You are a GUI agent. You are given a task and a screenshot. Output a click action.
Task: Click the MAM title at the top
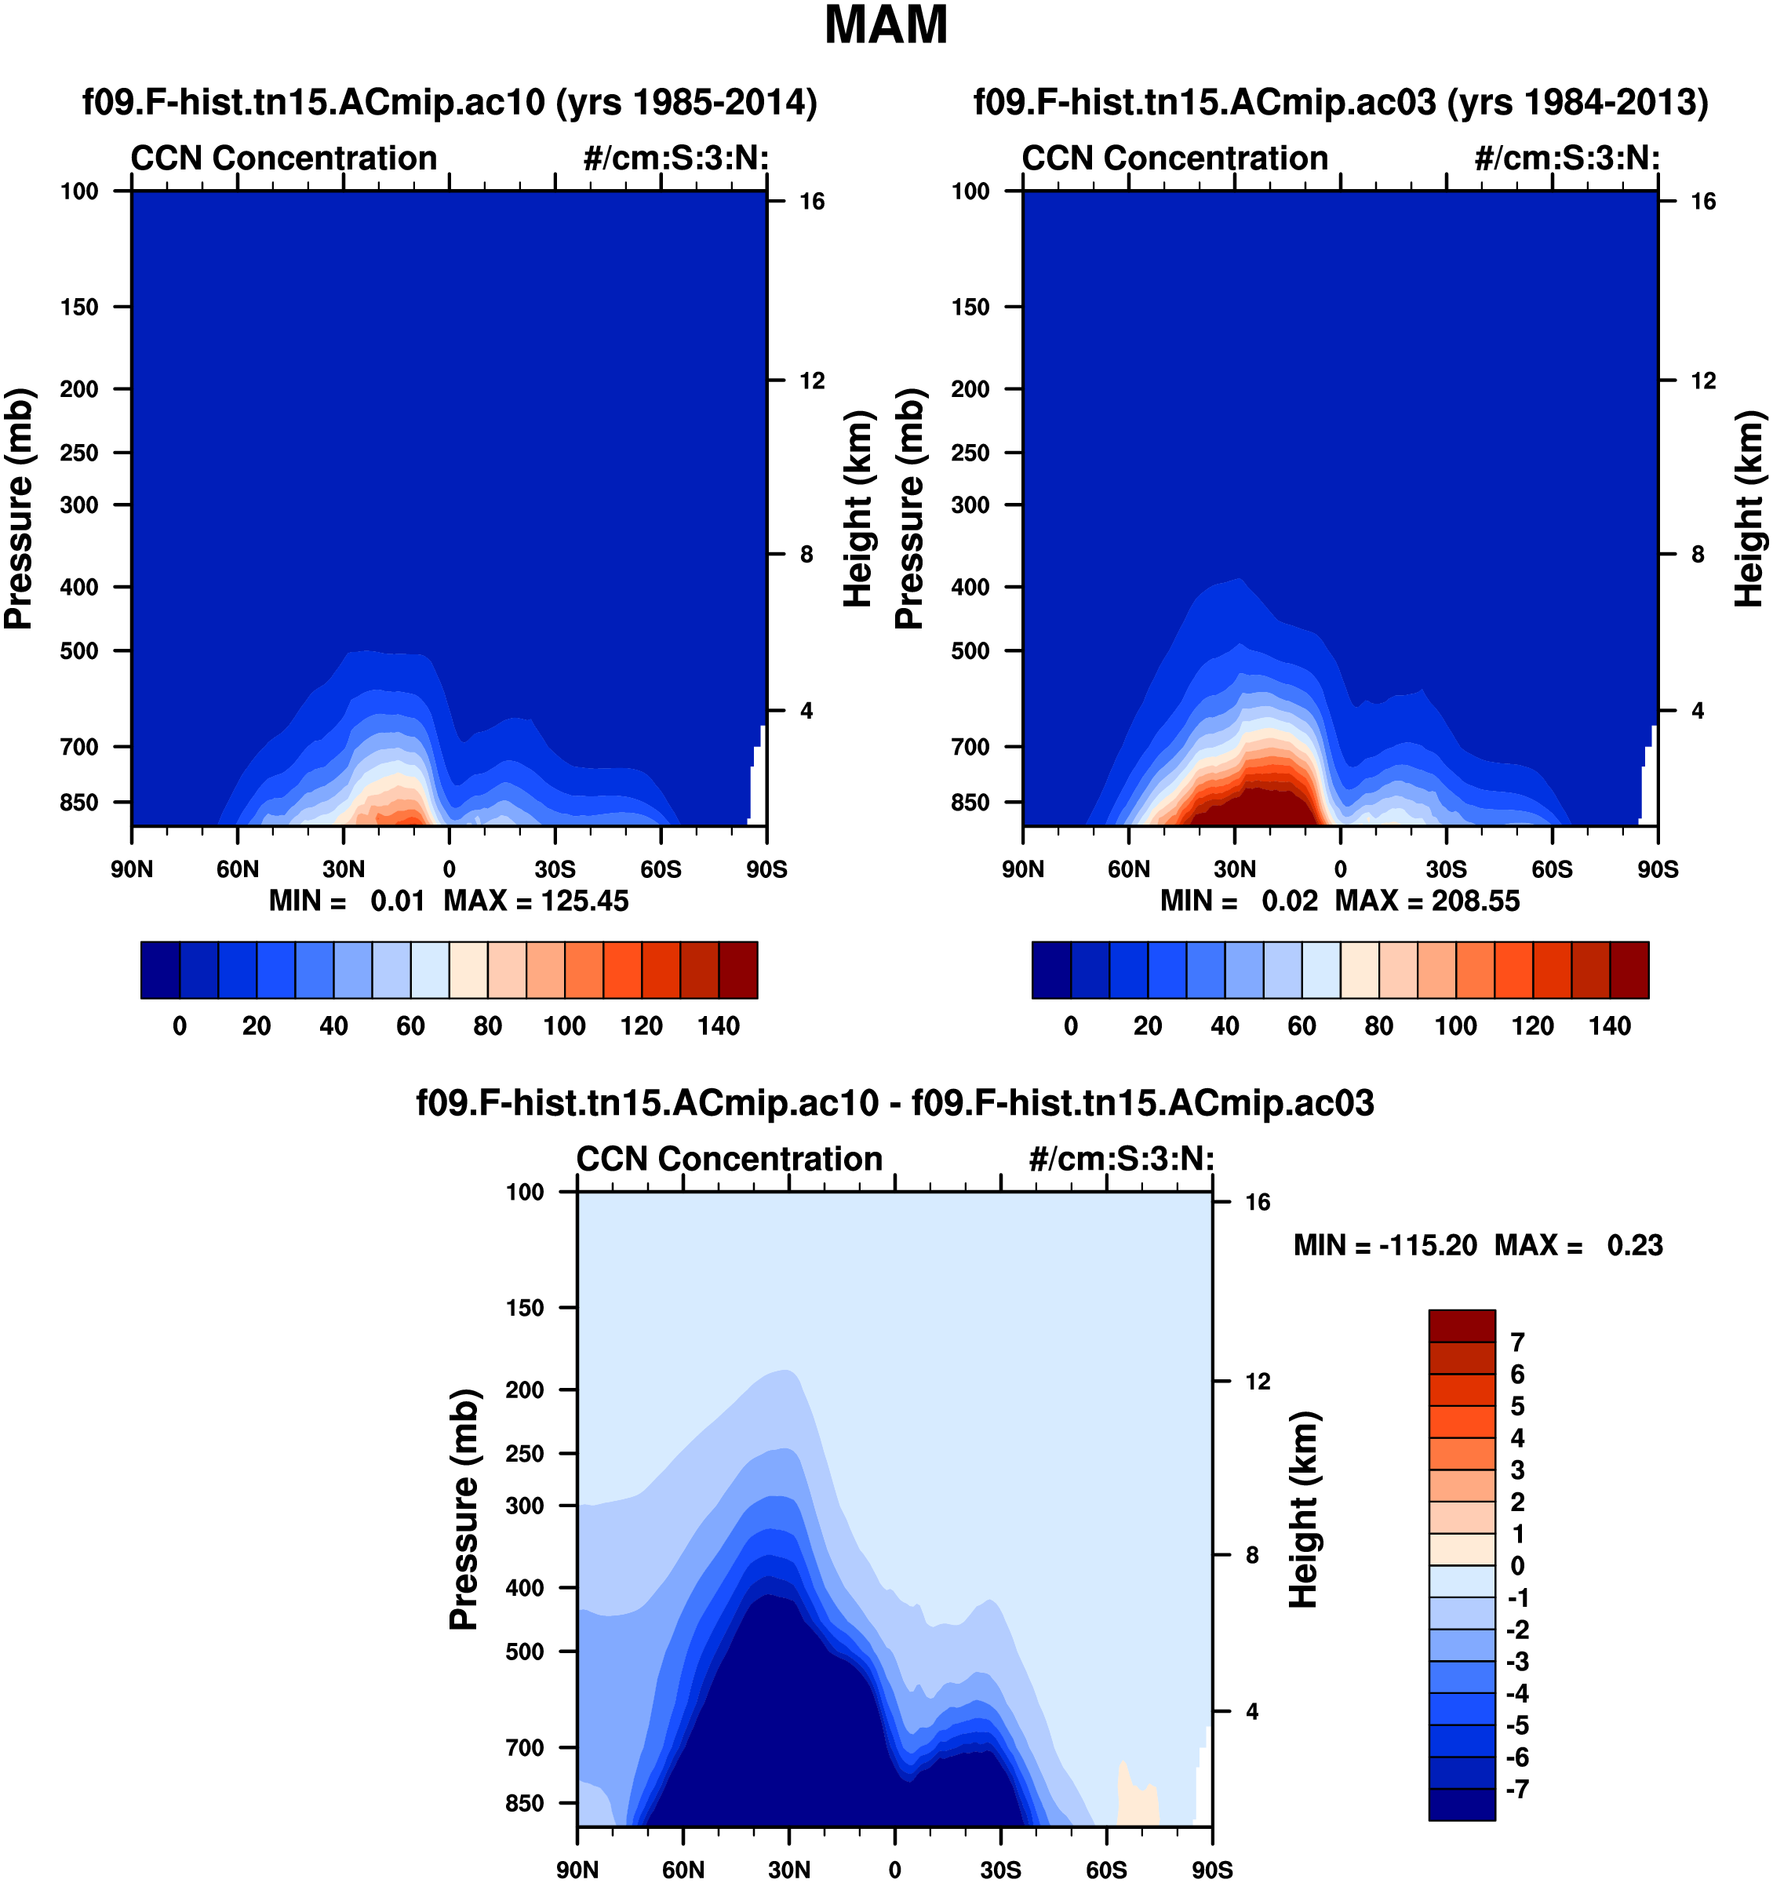coord(886,26)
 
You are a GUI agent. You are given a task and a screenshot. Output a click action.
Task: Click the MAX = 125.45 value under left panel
coord(536,901)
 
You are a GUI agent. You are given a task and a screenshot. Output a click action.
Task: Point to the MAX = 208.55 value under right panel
coord(1427,901)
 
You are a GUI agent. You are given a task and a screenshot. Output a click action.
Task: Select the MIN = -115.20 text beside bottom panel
coord(1385,1246)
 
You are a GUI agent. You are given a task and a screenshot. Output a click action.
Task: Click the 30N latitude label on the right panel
coord(1235,869)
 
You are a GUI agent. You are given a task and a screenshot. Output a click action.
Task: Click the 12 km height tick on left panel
coord(812,381)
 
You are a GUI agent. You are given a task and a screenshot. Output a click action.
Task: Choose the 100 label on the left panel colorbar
coord(565,1025)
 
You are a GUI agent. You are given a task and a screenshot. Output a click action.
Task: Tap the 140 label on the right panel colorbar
coord(1610,1025)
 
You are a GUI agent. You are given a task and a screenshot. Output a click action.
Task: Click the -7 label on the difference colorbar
coord(1517,1789)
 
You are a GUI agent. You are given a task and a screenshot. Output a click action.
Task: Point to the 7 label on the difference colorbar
coord(1517,1342)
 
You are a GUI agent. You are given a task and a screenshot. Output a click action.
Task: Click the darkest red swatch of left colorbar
coord(737,970)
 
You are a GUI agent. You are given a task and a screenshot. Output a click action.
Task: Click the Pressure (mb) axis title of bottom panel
coord(464,1509)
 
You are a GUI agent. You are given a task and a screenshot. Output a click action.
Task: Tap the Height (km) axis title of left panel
coord(857,508)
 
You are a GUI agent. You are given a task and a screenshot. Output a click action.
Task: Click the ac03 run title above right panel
coord(1340,101)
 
